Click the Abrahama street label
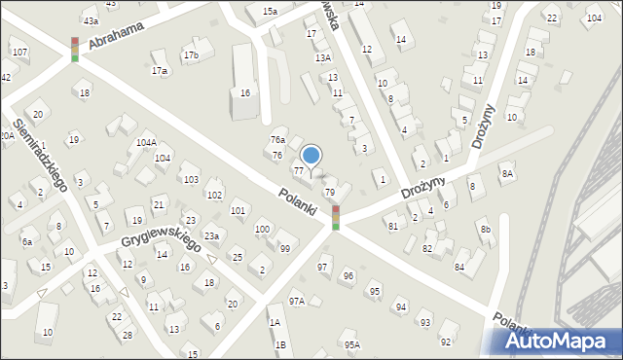tap(116, 36)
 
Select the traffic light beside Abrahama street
tap(75, 50)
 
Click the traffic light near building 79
tap(336, 217)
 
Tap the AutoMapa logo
tap(560, 342)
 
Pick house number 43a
tap(91, 20)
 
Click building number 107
tap(18, 52)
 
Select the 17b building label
tap(191, 55)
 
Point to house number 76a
tap(277, 140)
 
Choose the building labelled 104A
tap(146, 143)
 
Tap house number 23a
tap(210, 235)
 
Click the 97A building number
tap(296, 302)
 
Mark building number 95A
tap(351, 343)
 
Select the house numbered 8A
tap(506, 173)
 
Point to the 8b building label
tap(485, 229)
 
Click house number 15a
tap(269, 11)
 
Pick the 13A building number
tap(323, 57)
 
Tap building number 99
tap(284, 249)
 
